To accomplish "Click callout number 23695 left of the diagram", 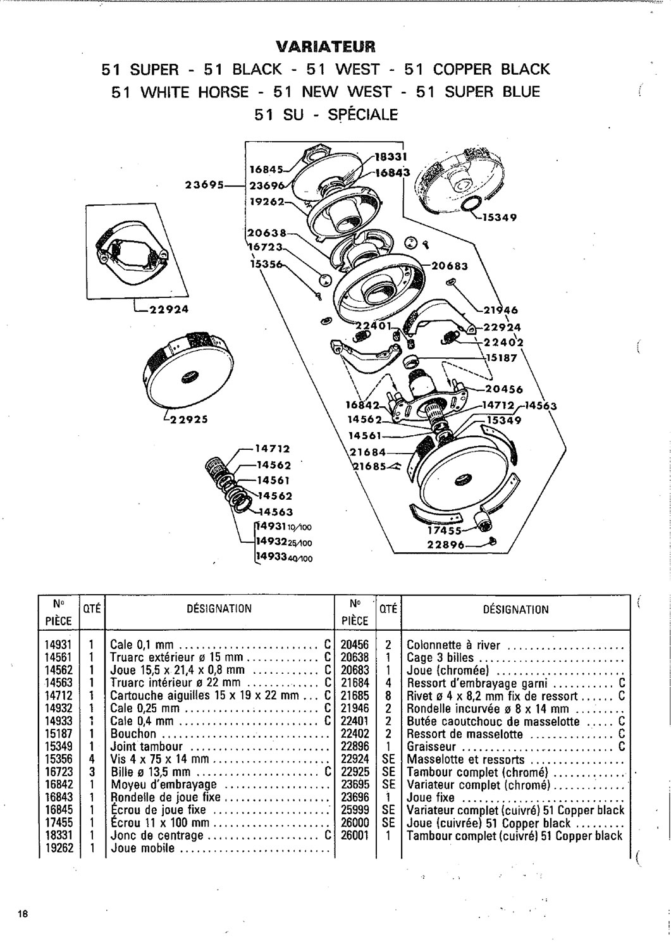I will pyautogui.click(x=204, y=185).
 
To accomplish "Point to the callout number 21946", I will pyautogui.click(x=502, y=311).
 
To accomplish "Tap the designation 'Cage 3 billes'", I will pyautogui.click(x=440, y=658).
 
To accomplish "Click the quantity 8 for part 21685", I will pyautogui.click(x=388, y=696).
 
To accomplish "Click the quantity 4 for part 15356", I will pyautogui.click(x=92, y=759).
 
